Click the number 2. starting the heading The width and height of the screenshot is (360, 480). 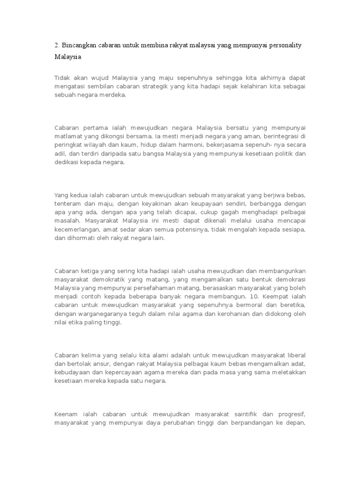click(57, 45)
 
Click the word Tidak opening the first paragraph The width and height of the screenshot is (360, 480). click(62, 77)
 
